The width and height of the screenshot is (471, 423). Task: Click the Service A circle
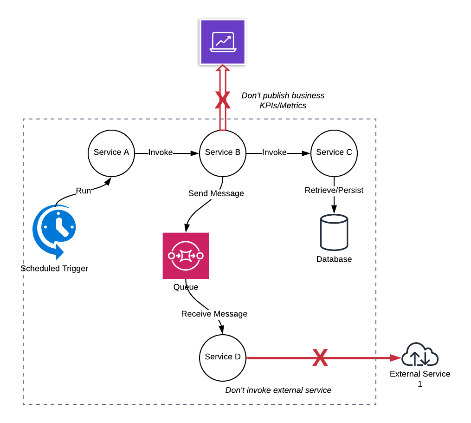(x=111, y=152)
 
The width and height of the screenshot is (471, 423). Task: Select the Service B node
(x=223, y=152)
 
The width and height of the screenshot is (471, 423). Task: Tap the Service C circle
(x=334, y=152)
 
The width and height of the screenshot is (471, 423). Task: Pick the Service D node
(x=223, y=357)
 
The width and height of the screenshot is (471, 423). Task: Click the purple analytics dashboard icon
(x=222, y=42)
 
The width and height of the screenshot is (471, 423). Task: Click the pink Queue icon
(x=186, y=256)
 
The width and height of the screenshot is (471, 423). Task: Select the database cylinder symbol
(x=334, y=231)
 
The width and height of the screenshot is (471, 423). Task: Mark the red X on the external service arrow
(x=320, y=358)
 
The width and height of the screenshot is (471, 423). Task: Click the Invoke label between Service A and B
(x=161, y=152)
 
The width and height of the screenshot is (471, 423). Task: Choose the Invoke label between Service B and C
(x=274, y=152)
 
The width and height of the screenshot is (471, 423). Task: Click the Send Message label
(x=216, y=193)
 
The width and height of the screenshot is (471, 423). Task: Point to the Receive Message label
(x=214, y=314)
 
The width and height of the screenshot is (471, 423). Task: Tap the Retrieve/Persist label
(x=334, y=190)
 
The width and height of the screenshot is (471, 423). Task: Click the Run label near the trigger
(x=84, y=190)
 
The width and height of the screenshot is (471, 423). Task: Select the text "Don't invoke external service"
(x=278, y=390)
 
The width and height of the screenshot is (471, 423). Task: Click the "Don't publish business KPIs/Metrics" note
(x=283, y=101)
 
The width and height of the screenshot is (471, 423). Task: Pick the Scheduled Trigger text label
(x=54, y=269)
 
